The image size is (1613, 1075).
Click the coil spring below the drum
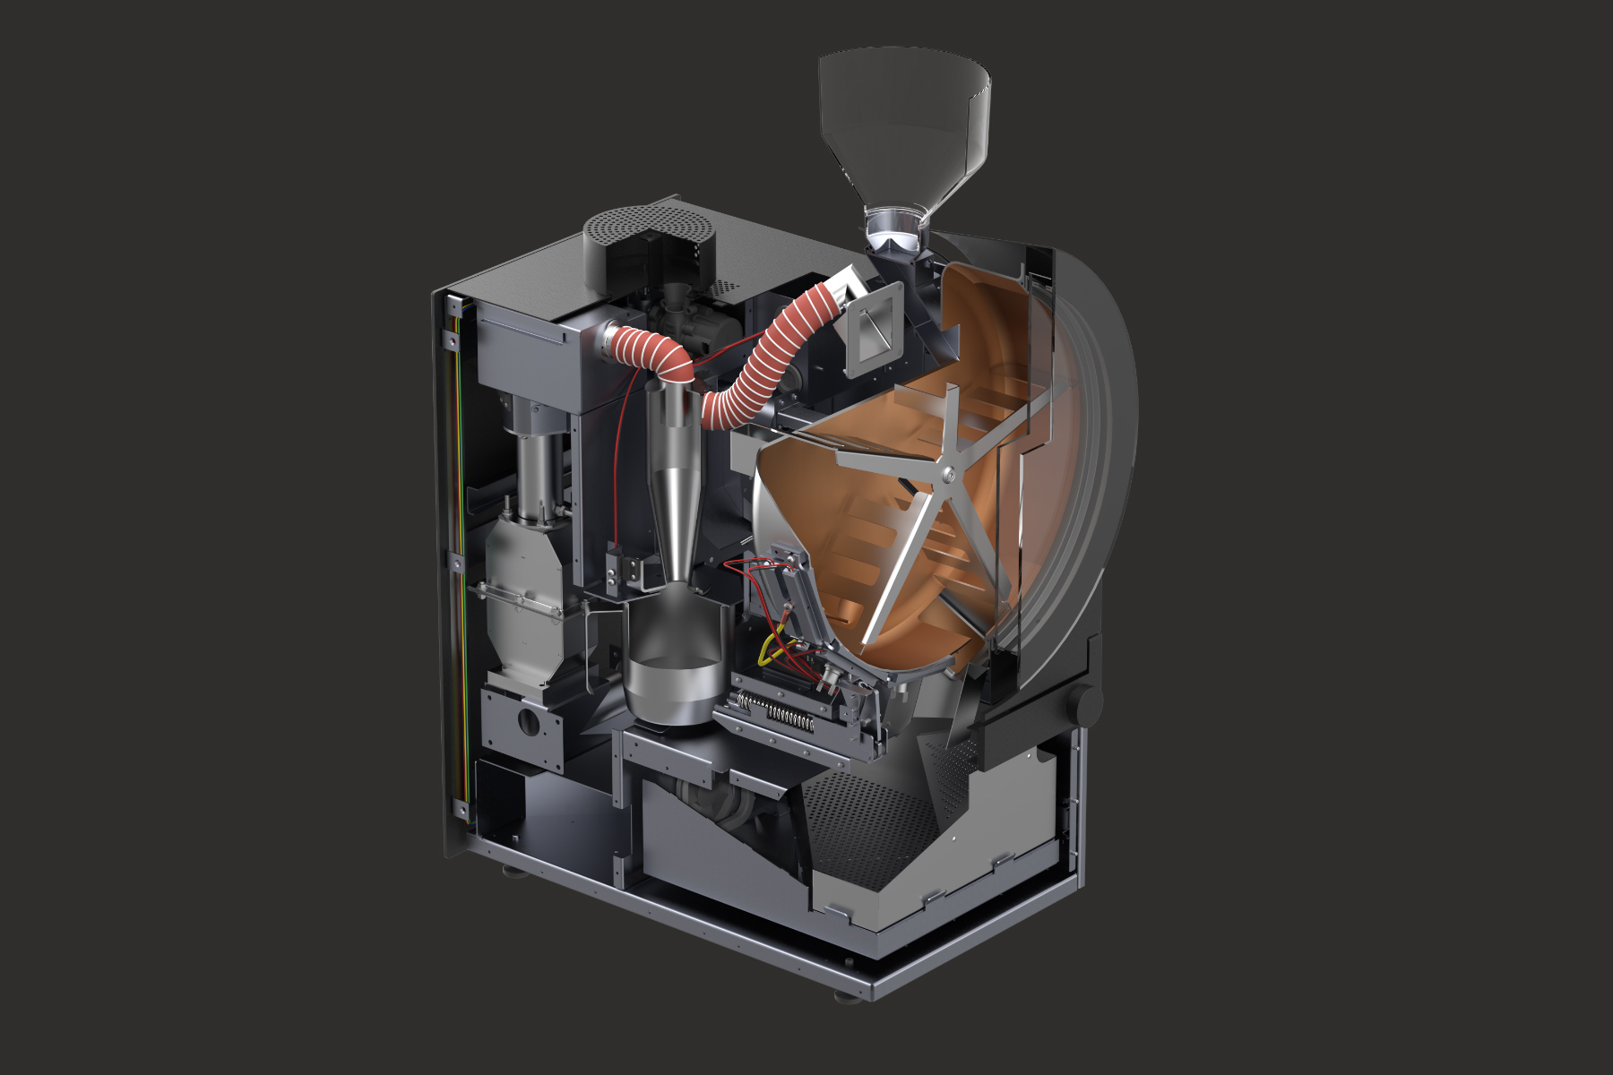click(x=789, y=716)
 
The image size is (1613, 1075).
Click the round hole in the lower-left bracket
click(x=530, y=720)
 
